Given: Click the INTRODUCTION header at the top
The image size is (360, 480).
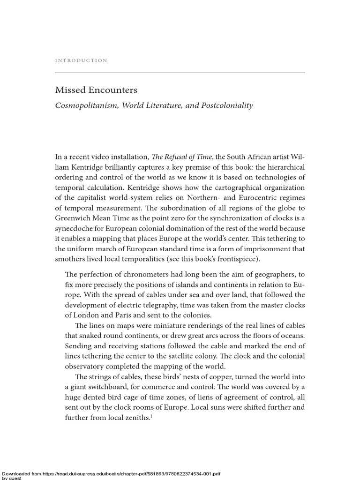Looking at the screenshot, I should (x=81, y=60).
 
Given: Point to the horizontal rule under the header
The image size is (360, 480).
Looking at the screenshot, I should (x=180, y=73).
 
